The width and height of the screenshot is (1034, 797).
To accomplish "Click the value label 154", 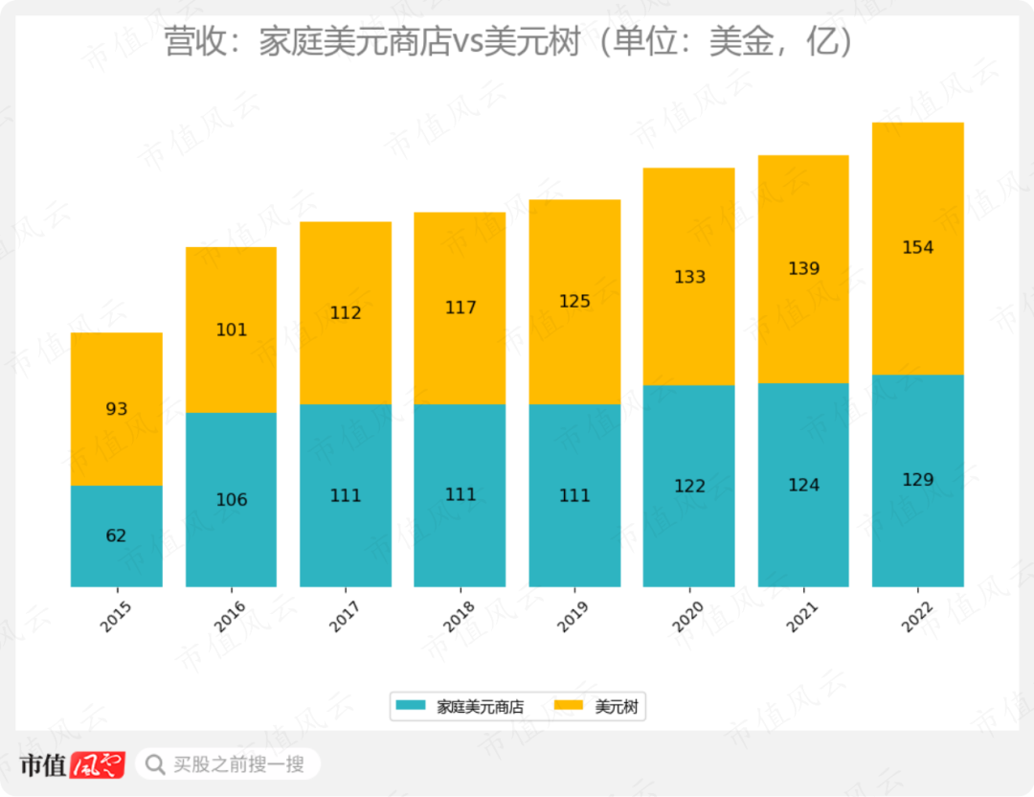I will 917,247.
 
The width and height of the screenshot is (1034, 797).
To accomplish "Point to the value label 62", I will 116,535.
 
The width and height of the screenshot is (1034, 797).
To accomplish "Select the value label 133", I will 689,277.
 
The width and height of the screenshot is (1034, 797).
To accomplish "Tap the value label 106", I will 231,499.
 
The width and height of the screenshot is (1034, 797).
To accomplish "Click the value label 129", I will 917,479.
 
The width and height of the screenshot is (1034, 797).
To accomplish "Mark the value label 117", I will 460,307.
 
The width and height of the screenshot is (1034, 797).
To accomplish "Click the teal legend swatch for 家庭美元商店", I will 411,707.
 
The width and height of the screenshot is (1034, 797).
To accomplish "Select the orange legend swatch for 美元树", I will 570,707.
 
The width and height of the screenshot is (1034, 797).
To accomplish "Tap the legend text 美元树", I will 616,708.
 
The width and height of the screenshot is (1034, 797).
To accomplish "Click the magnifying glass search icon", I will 154,764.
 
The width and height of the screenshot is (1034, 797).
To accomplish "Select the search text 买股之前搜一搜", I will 238,764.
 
